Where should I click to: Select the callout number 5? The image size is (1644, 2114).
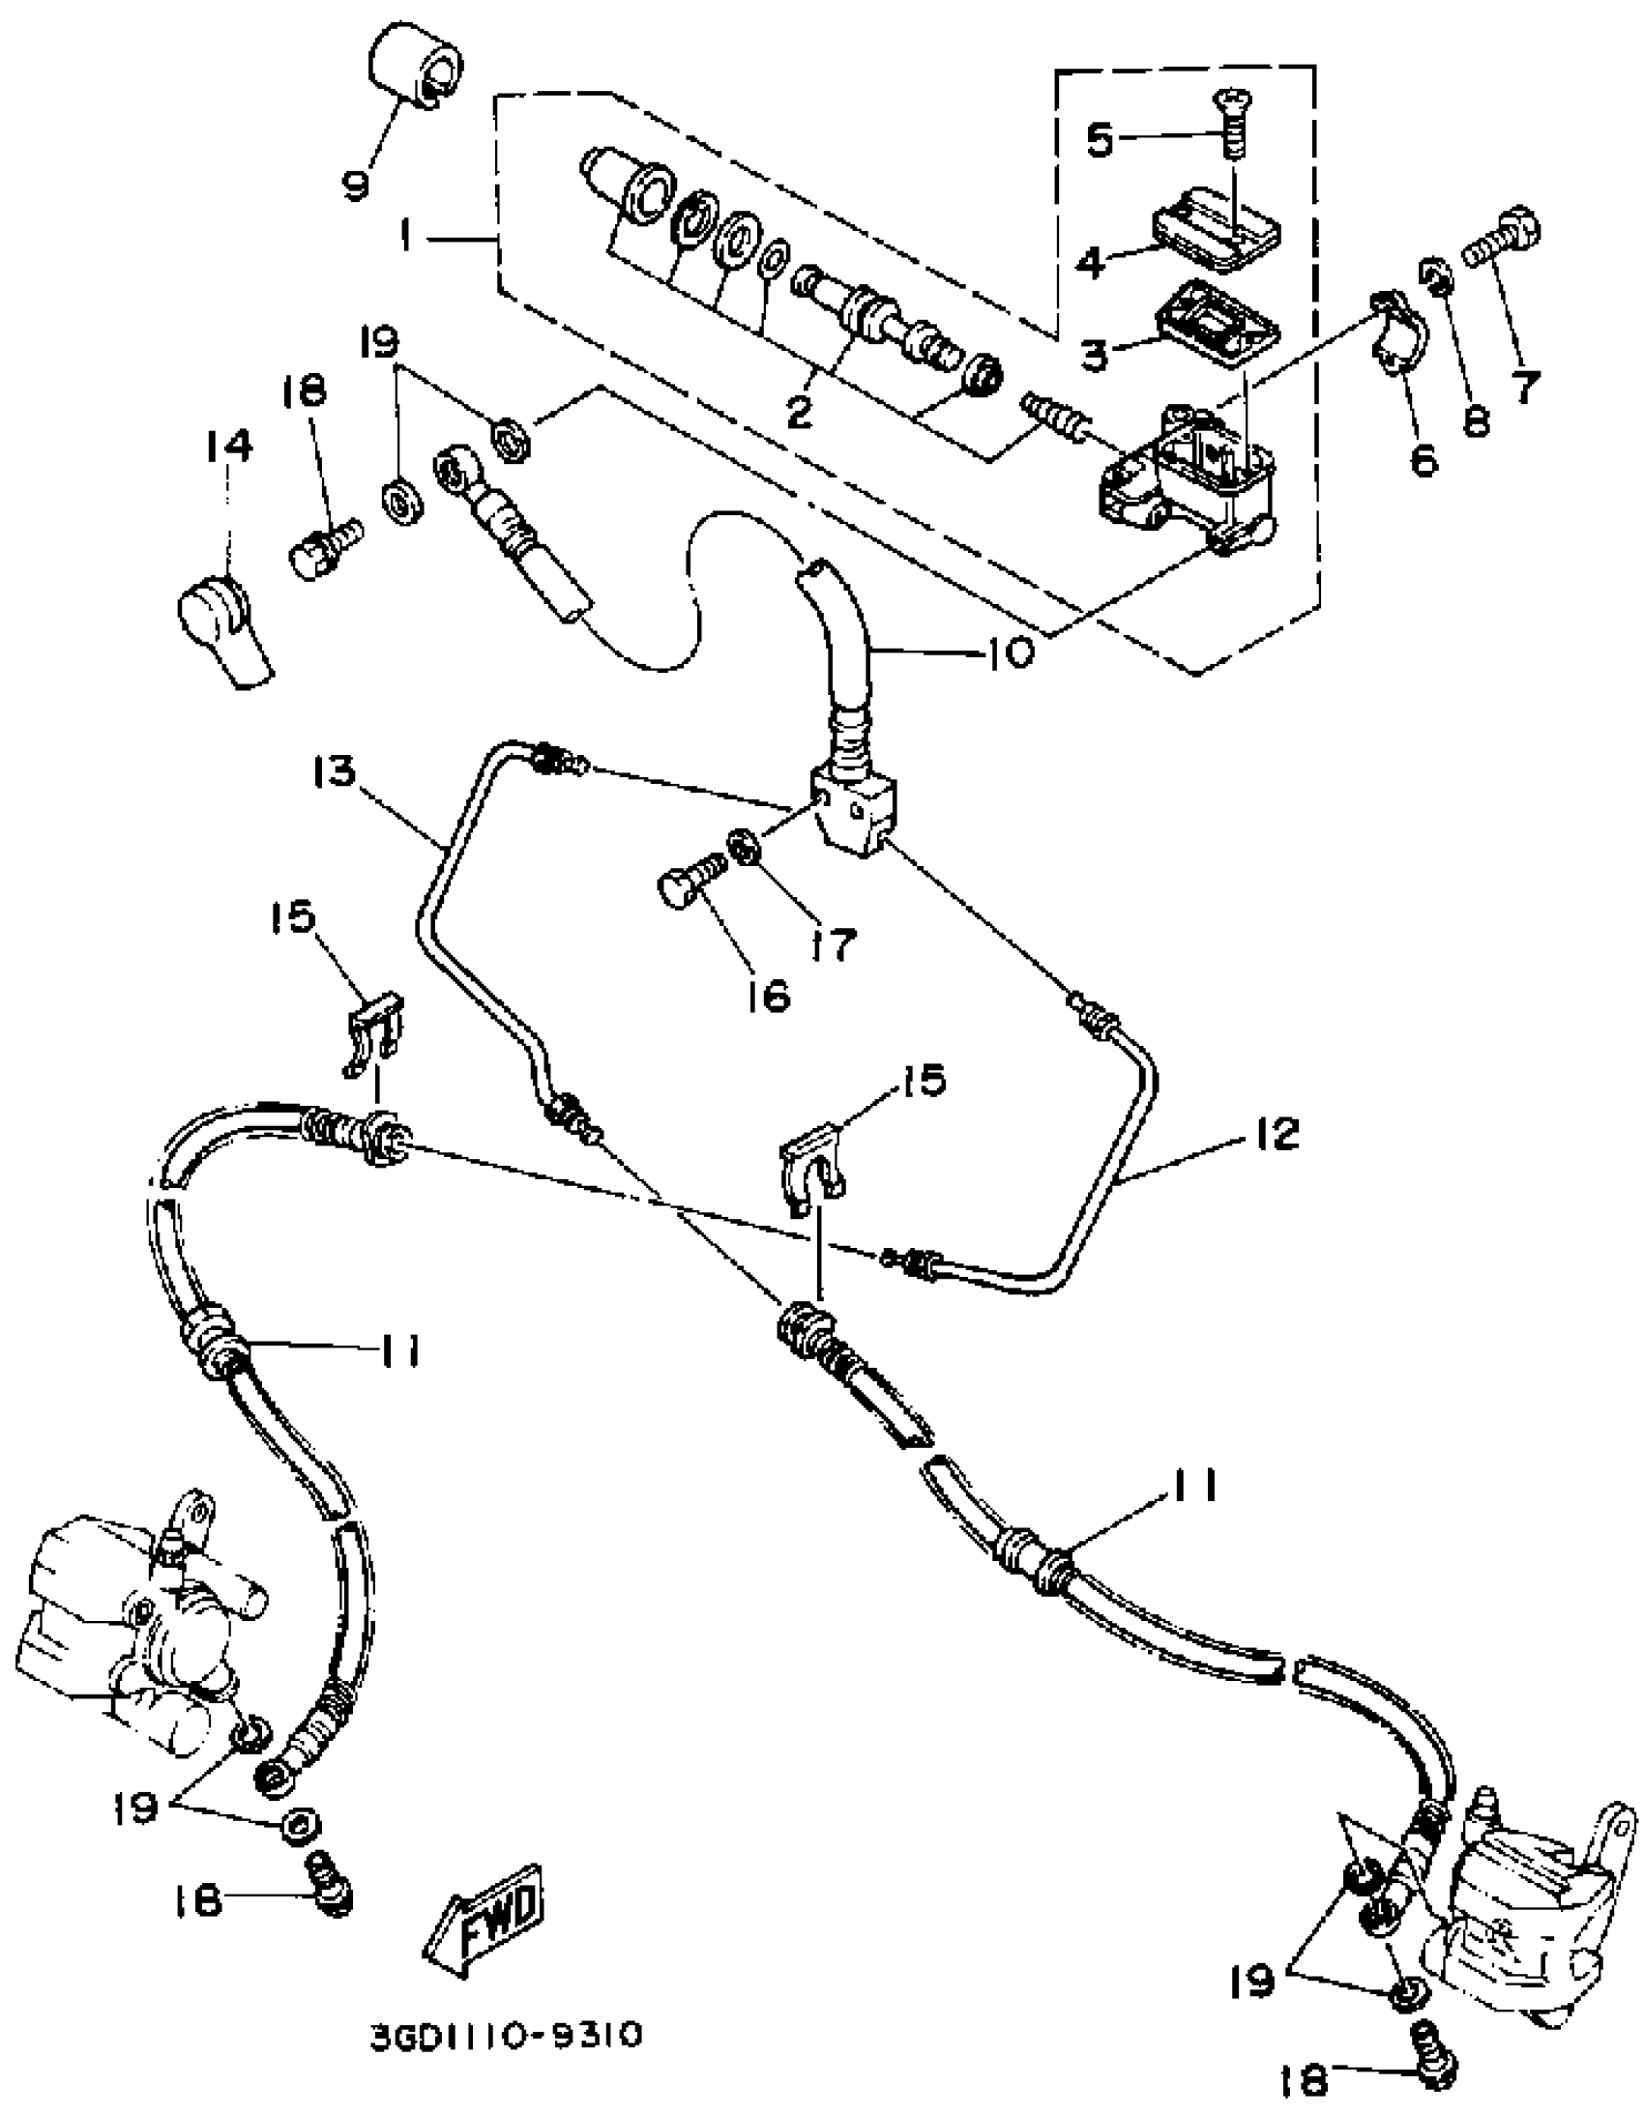click(x=1101, y=140)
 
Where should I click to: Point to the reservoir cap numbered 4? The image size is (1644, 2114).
click(x=1215, y=229)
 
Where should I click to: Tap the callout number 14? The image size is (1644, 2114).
click(x=229, y=447)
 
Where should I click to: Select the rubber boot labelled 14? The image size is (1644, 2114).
click(x=224, y=626)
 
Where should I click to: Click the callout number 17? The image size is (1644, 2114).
click(x=833, y=942)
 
